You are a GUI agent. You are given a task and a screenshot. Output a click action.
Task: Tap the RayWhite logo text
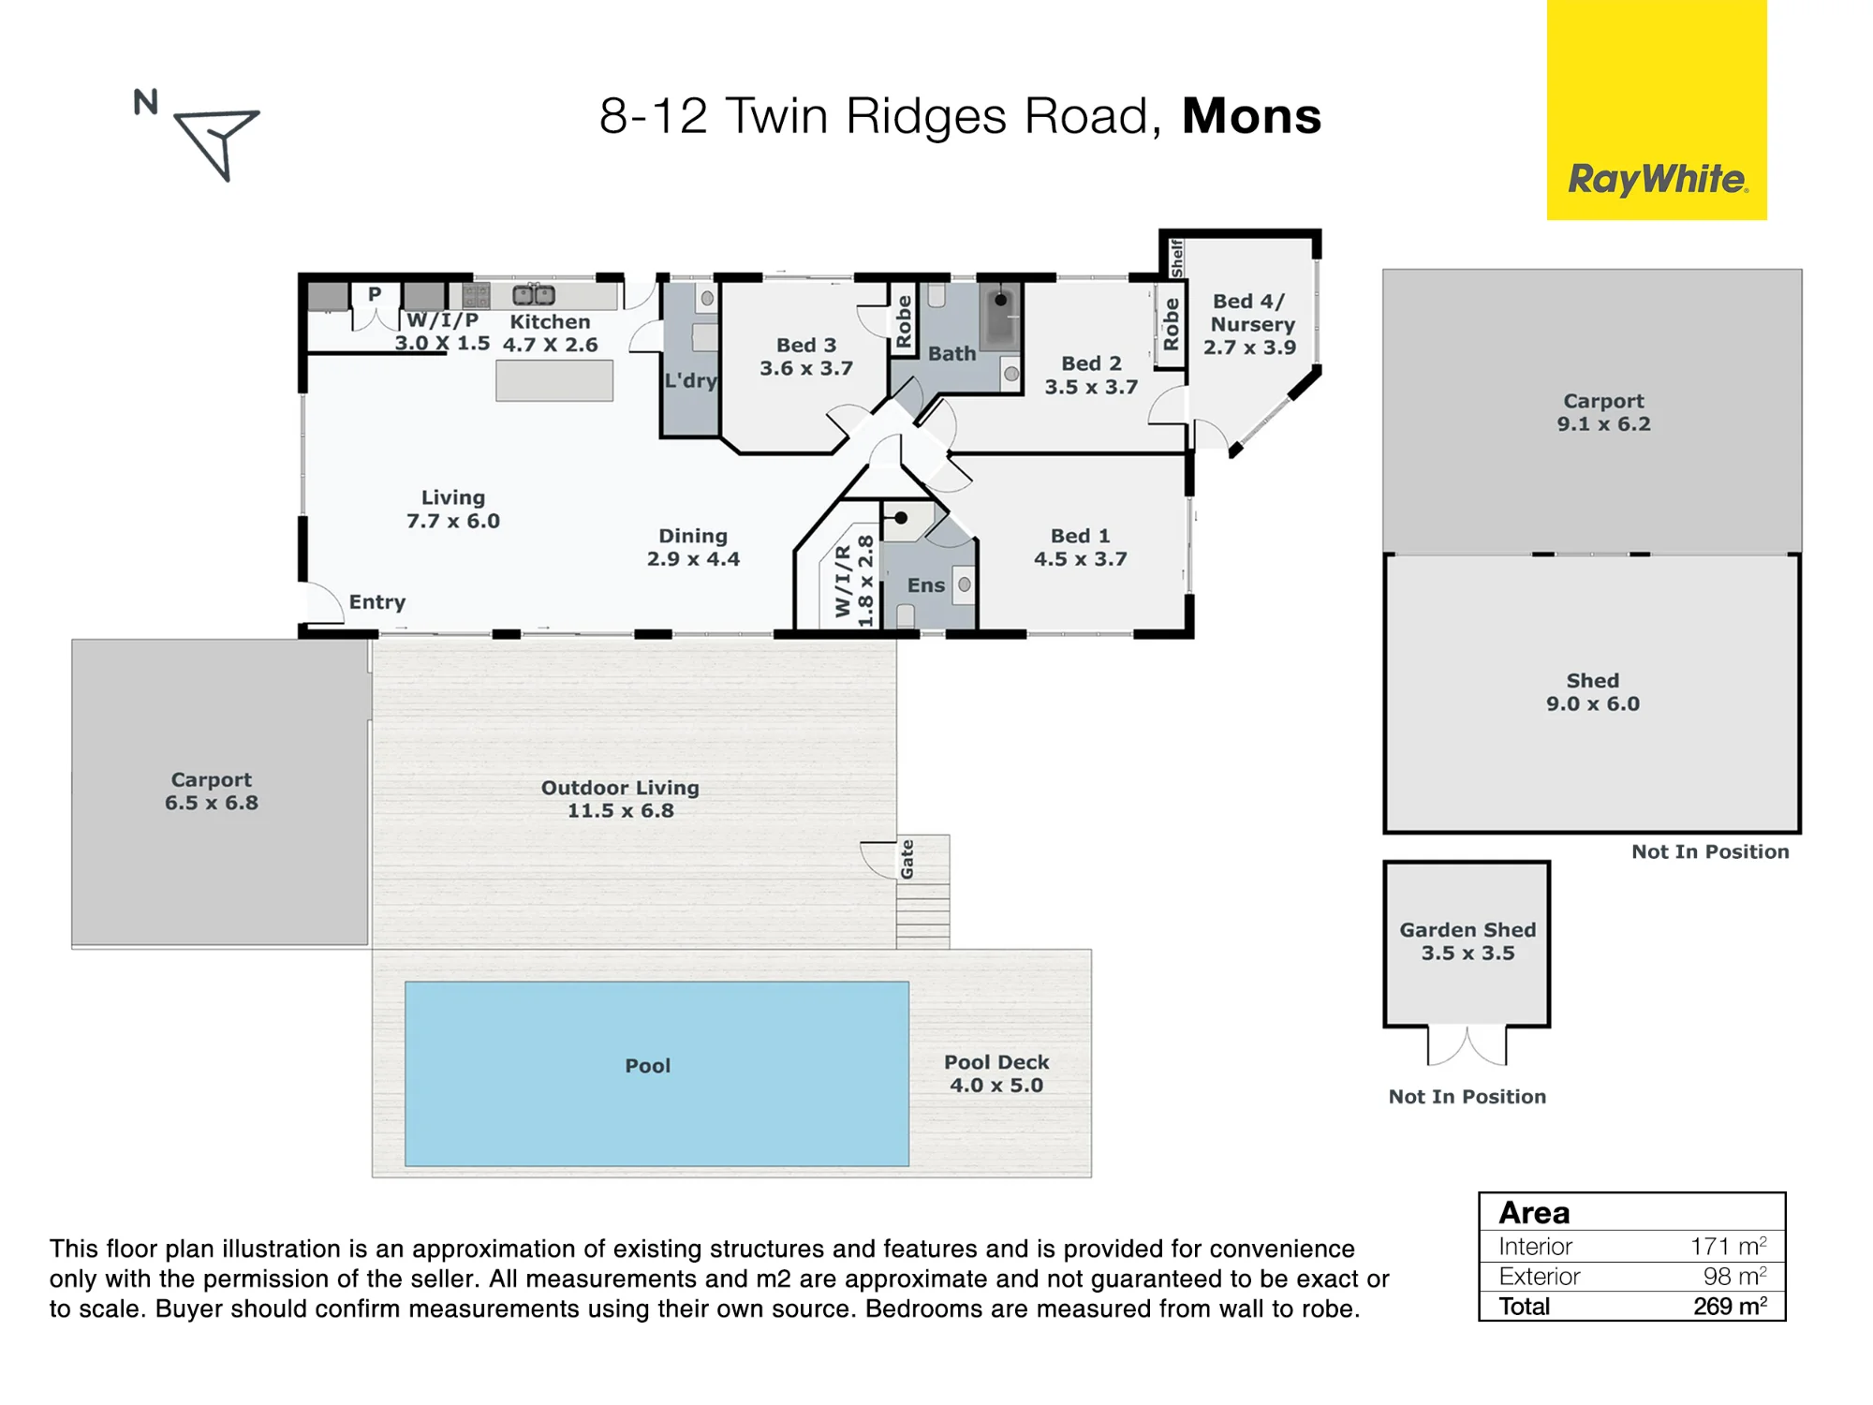coord(1658,179)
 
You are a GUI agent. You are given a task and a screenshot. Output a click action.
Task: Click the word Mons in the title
coord(1251,116)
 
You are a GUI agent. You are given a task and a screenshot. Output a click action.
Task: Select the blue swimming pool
coord(656,1073)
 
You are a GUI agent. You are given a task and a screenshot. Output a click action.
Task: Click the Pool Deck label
coord(996,1073)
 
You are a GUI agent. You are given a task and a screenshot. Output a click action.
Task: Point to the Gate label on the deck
coord(907,859)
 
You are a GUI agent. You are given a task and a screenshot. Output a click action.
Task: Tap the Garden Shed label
coord(1467,941)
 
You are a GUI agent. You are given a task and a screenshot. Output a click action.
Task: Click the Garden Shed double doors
coord(1467,1045)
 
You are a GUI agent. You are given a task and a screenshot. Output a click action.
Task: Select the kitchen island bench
coord(554,380)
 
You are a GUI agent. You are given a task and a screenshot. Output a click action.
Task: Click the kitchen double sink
coord(534,295)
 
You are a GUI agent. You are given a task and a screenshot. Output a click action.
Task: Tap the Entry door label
coord(377,602)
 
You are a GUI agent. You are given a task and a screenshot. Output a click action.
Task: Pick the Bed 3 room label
coord(806,357)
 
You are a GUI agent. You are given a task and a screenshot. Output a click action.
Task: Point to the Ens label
coord(926,585)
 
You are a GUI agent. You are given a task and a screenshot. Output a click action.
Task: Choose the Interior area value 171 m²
coord(1728,1246)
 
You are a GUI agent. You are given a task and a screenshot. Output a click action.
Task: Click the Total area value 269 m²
coord(1730,1306)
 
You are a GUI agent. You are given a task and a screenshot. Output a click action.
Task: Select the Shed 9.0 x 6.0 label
coord(1593,692)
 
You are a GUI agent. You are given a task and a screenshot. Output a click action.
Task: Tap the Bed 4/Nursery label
coord(1250,324)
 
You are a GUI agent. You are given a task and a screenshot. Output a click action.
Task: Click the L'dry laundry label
coord(691,380)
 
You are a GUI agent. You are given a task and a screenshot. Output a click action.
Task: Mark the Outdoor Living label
coord(620,799)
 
